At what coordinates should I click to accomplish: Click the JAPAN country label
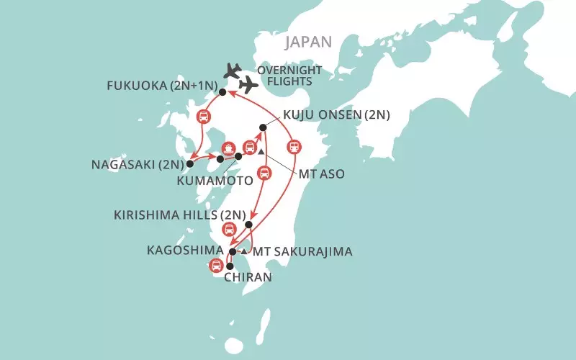[309, 42]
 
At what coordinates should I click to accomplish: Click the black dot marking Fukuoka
[222, 92]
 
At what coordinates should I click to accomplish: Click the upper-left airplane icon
[233, 70]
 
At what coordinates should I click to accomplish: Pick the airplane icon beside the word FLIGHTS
[248, 85]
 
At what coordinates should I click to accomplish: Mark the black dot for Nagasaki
[190, 163]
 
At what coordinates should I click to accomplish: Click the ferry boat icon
[228, 147]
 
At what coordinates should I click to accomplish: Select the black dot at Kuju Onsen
[263, 127]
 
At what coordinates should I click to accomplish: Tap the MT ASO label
[318, 174]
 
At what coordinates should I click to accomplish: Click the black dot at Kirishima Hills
[248, 225]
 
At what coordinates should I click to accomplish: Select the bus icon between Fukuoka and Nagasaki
[204, 117]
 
